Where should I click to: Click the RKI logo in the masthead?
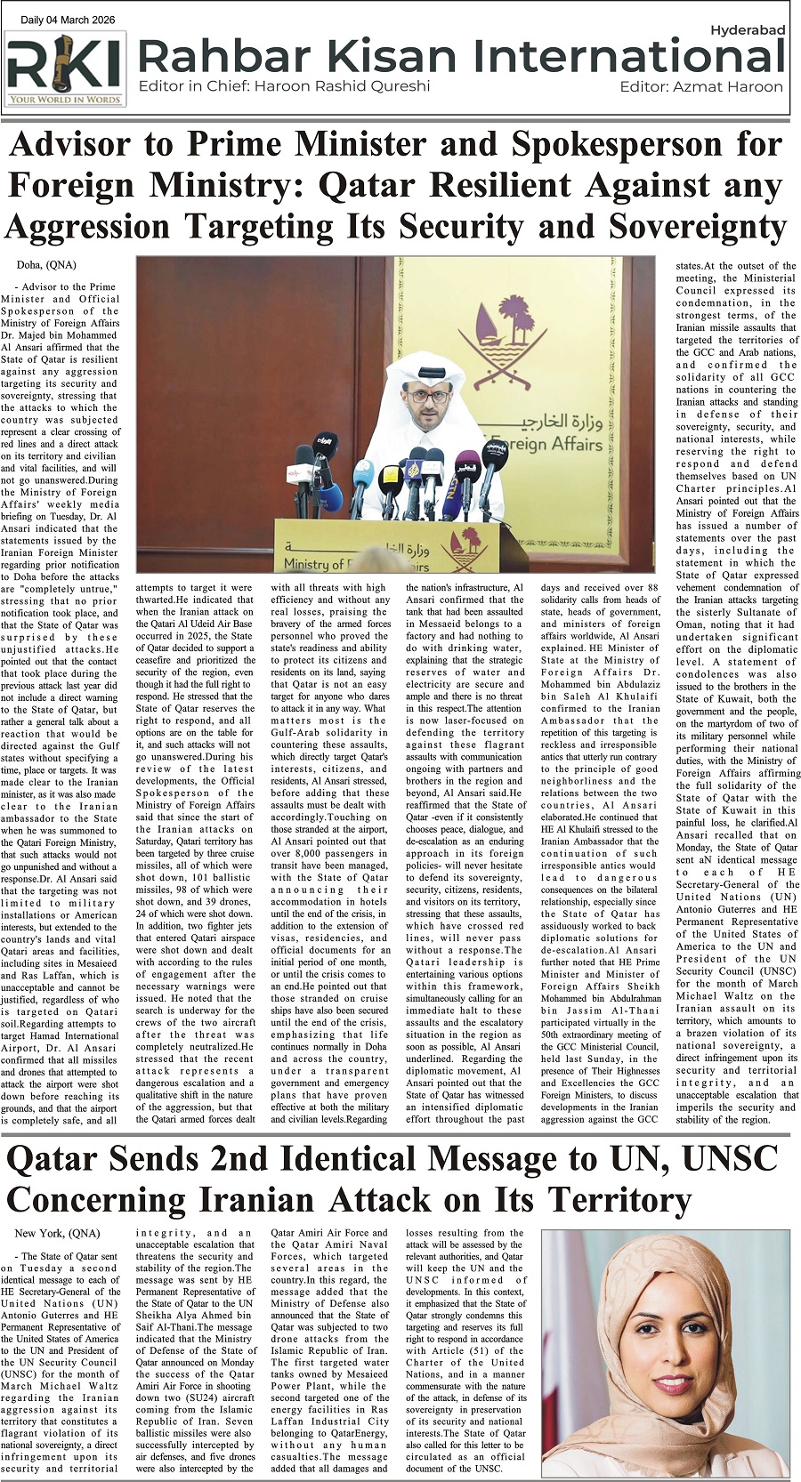tap(66, 68)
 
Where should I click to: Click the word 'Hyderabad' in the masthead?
tap(747, 29)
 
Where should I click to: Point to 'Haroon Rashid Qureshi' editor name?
tap(342, 86)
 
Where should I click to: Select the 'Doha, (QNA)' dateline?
tap(46, 265)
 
